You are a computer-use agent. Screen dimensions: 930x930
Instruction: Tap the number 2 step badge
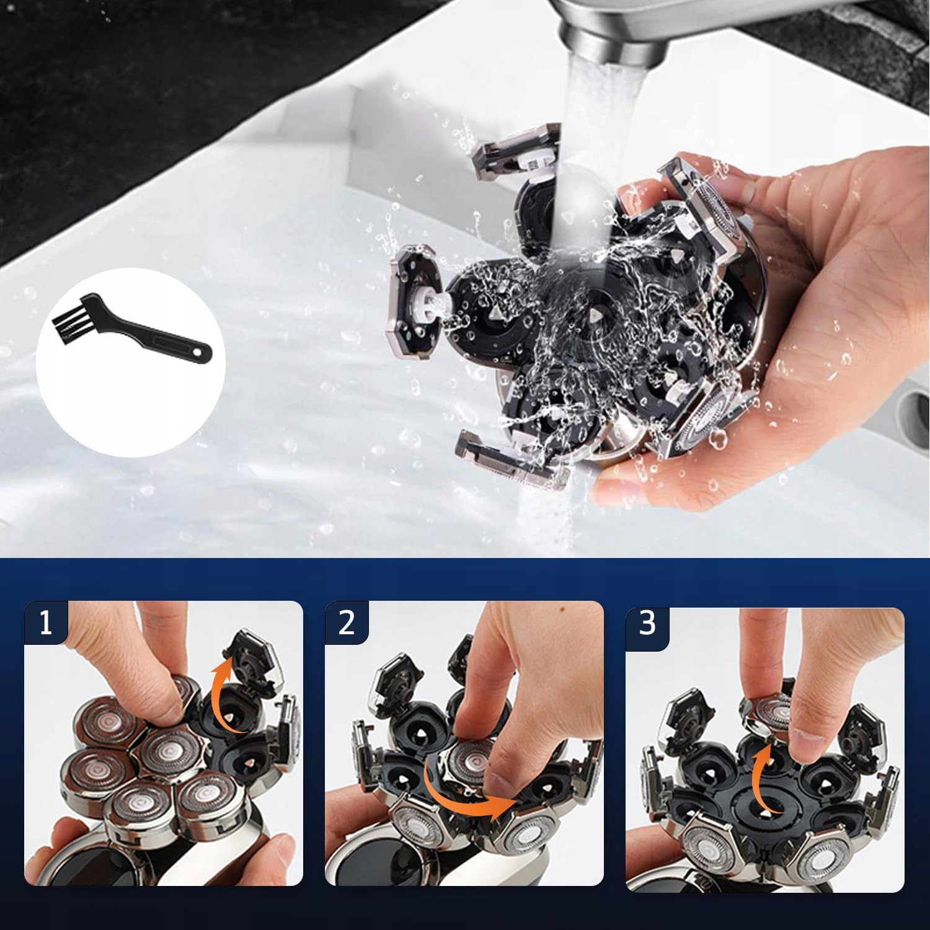(x=347, y=622)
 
